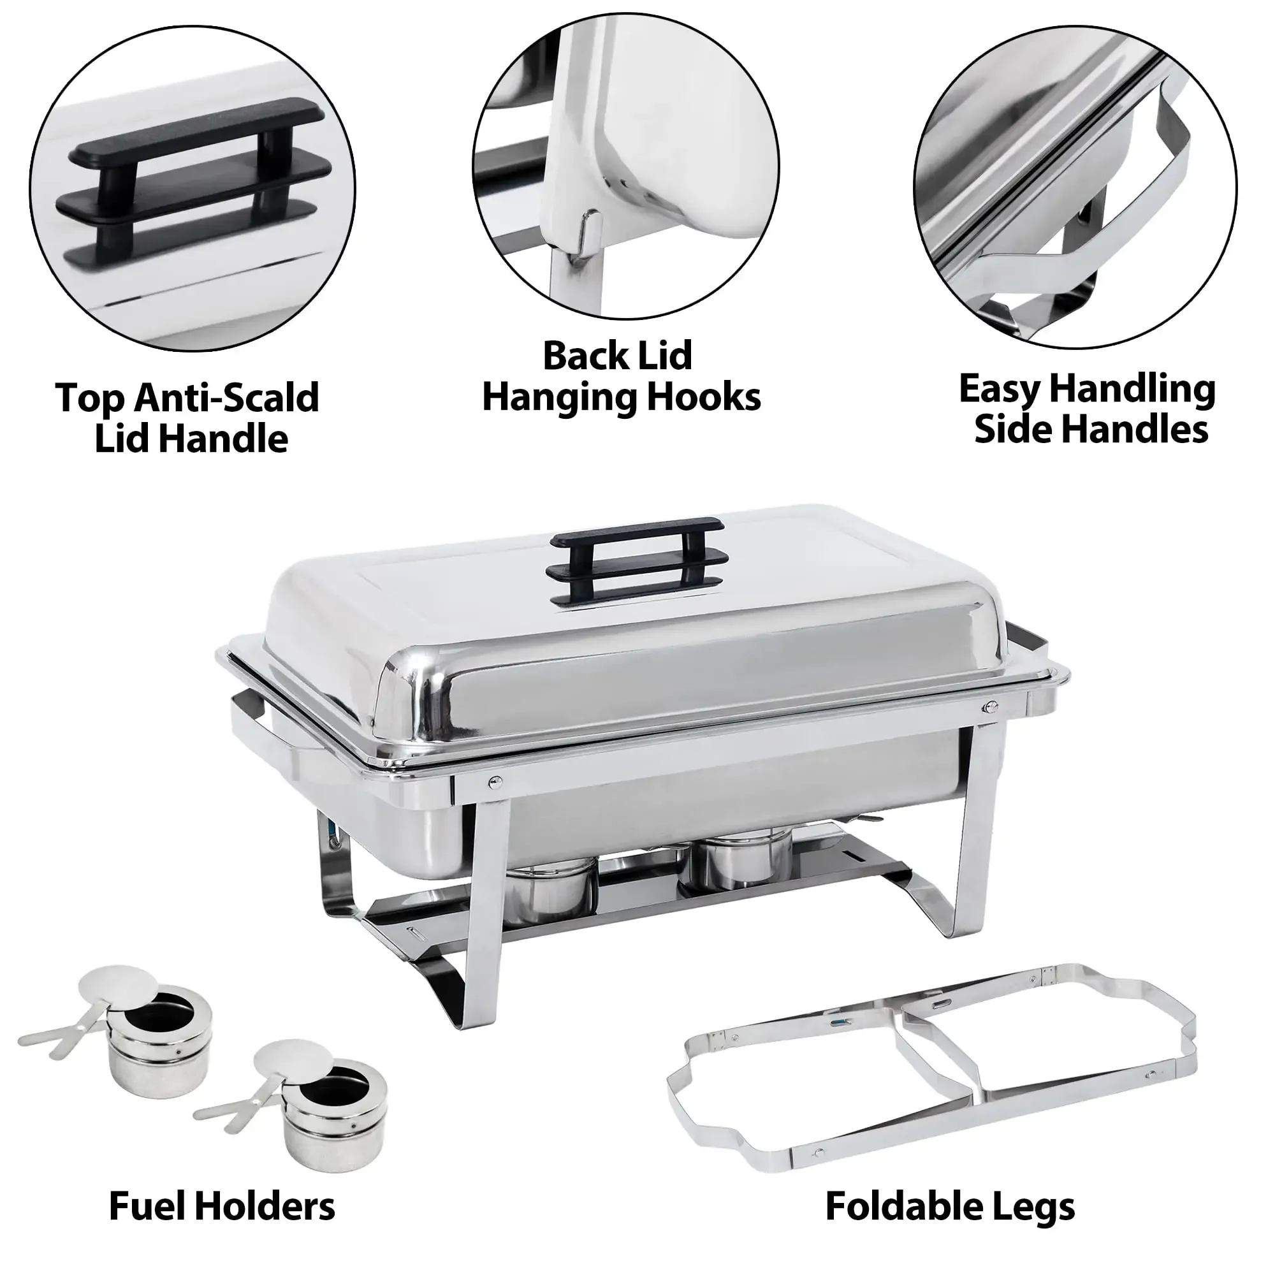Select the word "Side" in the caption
coord(1015,430)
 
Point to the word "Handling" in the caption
coord(1132,390)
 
